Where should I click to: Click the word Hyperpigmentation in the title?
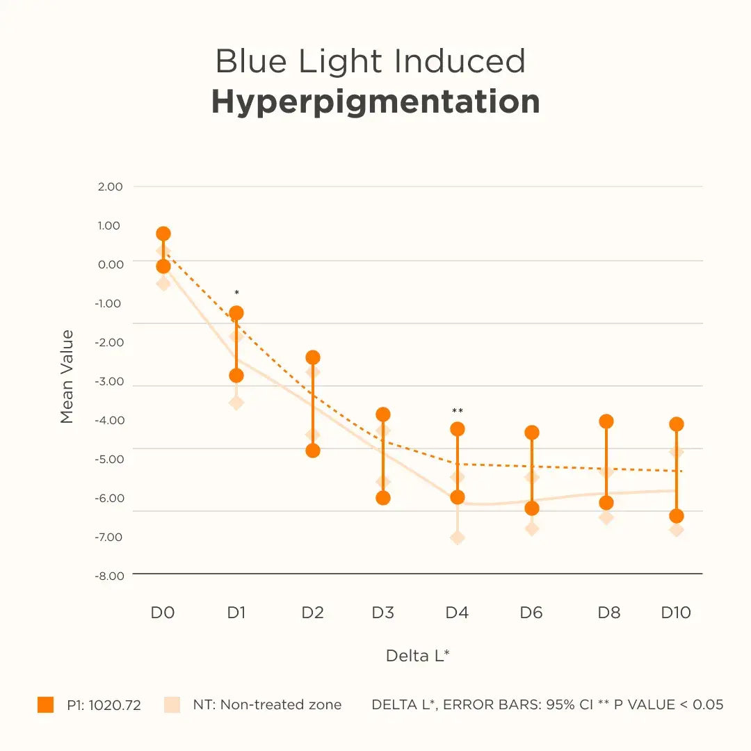[375, 102]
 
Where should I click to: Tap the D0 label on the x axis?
[163, 613]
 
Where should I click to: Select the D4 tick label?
[457, 613]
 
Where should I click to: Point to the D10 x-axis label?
[676, 613]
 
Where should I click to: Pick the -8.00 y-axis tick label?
[109, 576]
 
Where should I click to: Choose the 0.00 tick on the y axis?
[110, 264]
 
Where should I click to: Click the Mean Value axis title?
[67, 376]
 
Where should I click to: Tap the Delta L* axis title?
[417, 655]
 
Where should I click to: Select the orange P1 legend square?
[45, 704]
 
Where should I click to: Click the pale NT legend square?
[172, 704]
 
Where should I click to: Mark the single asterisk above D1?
[236, 293]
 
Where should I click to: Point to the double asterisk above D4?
[458, 411]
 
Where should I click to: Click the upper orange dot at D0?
[163, 234]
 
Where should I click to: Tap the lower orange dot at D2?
[313, 451]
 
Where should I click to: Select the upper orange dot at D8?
[606, 421]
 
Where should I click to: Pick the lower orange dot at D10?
[677, 516]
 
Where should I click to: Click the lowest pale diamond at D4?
[458, 538]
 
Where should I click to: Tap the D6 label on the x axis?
[531, 613]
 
